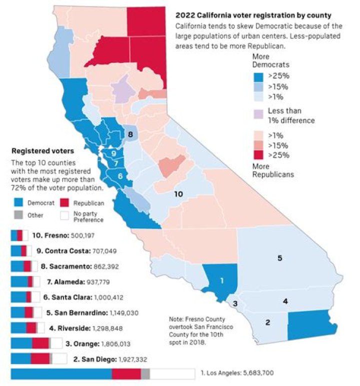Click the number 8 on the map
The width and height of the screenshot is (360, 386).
click(x=130, y=134)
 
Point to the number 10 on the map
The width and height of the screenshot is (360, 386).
click(x=177, y=194)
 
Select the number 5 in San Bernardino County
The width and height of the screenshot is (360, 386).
click(x=280, y=258)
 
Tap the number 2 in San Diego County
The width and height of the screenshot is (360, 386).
click(x=267, y=322)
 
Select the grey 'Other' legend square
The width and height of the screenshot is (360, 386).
click(x=17, y=215)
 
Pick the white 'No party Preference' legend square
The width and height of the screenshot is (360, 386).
click(x=64, y=215)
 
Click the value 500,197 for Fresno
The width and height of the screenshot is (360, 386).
click(x=81, y=235)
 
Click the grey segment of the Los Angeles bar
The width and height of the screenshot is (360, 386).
click(x=145, y=374)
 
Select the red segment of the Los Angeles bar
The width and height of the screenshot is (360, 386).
click(x=126, y=374)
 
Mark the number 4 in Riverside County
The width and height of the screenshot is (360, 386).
click(x=285, y=301)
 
